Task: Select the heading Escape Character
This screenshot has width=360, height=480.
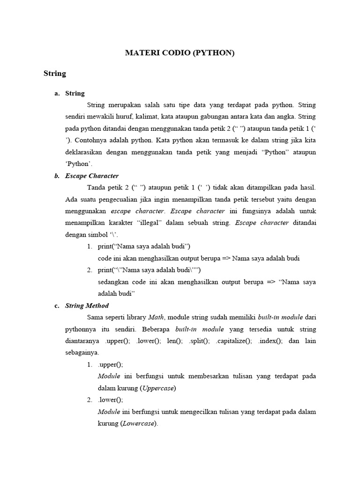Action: (x=92, y=176)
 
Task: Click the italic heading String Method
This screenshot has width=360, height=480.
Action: (x=87, y=306)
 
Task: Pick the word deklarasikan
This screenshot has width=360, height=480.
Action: (x=85, y=152)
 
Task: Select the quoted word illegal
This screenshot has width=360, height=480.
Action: (x=150, y=223)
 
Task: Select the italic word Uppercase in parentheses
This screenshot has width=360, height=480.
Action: (x=158, y=388)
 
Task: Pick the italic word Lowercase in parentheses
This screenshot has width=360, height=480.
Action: (x=140, y=424)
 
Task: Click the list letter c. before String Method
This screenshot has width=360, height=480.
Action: (x=57, y=306)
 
